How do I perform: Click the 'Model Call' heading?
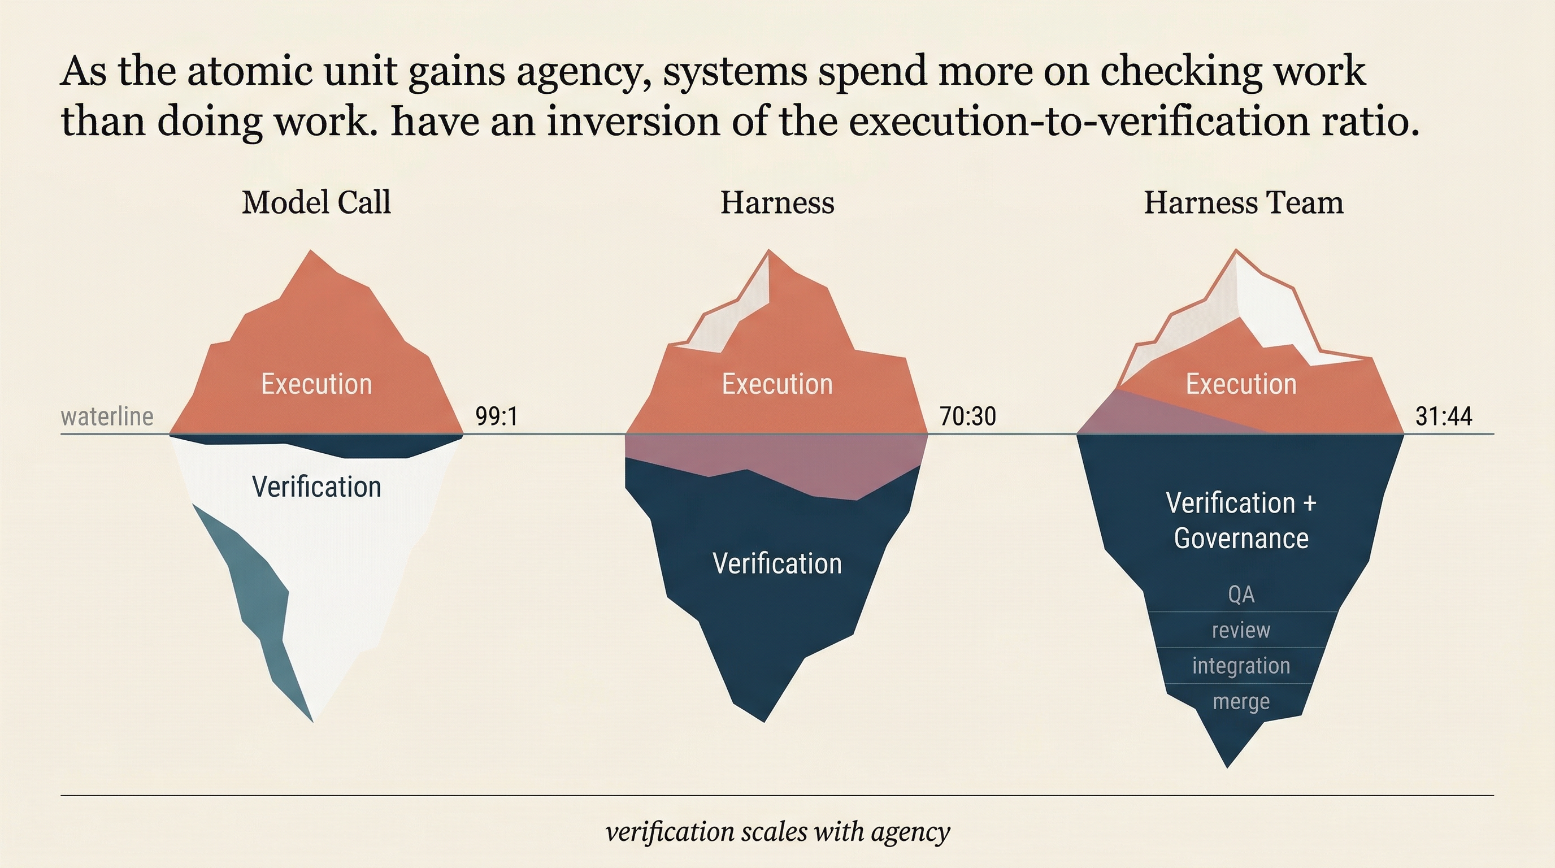316,202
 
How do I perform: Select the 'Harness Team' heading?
1244,202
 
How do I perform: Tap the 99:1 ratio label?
496,416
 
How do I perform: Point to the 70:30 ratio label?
968,416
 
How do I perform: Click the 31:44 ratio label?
1443,416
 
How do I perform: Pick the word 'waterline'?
107,416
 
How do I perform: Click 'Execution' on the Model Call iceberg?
316,384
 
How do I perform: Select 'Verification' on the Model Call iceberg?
316,487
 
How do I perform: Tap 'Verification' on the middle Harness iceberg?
777,563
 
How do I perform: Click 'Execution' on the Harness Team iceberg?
1241,384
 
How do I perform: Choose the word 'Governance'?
1241,539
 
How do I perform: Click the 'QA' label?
1241,595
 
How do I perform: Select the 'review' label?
1241,630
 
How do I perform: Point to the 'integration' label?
1241,666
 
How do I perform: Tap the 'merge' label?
1241,701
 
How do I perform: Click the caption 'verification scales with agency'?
777,832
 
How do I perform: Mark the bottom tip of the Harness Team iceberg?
1227,765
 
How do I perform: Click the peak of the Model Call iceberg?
311,251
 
